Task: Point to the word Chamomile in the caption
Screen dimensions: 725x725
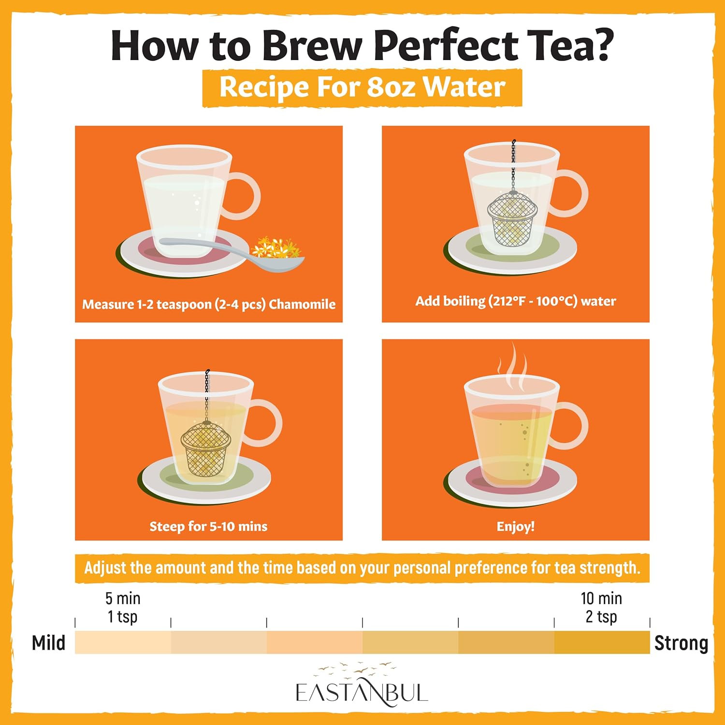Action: (x=302, y=304)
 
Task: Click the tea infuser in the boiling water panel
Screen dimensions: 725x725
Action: (x=512, y=213)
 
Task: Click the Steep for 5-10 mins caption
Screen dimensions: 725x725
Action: (x=208, y=526)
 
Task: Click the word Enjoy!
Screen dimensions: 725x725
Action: (x=516, y=526)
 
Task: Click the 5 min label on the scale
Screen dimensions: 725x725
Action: (x=123, y=598)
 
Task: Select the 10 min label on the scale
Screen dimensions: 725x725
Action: (x=601, y=598)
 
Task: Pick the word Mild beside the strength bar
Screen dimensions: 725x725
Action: (x=48, y=643)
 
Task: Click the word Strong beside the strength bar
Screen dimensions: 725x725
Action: (x=681, y=643)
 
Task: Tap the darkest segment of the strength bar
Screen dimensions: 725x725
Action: (x=602, y=642)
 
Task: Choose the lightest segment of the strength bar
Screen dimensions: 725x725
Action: (x=123, y=642)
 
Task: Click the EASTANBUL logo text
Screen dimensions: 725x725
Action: (x=362, y=692)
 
